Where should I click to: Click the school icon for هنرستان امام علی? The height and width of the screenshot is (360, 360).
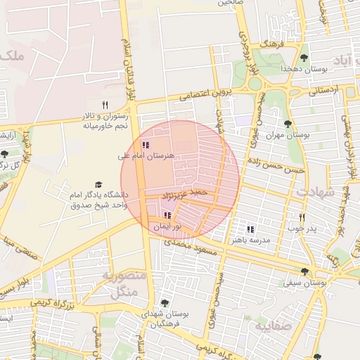tap(145, 145)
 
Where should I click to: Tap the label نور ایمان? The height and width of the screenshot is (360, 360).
tap(169, 226)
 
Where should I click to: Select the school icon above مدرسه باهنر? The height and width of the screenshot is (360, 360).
tap(250, 229)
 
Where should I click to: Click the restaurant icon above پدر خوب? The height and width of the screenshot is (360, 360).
tap(302, 218)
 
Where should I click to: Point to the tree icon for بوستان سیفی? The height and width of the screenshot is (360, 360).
tap(304, 271)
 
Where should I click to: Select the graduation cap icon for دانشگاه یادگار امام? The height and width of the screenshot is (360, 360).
tap(98, 184)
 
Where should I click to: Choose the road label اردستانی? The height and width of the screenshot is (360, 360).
tap(324, 91)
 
